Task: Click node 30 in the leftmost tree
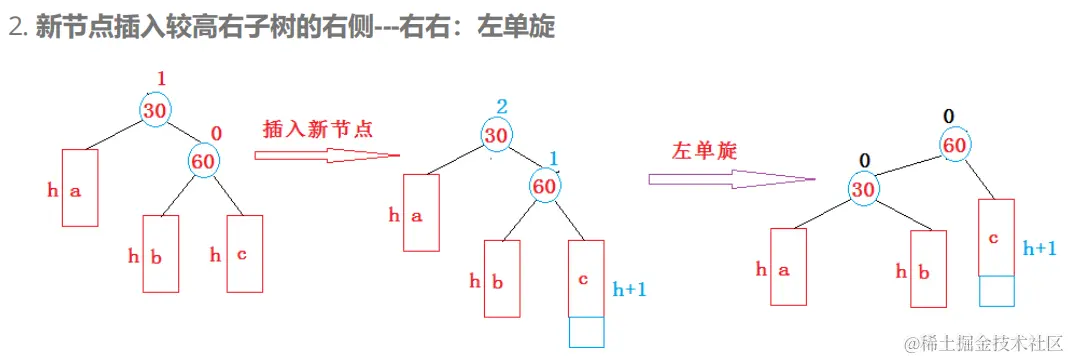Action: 154,110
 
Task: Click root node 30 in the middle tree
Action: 496,135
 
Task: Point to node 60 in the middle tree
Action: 545,185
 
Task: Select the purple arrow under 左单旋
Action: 729,179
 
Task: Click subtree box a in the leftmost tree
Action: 80,190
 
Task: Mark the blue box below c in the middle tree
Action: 586,332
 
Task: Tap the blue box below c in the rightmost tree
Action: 996,290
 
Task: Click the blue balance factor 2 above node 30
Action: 502,107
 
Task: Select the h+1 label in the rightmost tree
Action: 1039,247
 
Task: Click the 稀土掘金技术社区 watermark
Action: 984,343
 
